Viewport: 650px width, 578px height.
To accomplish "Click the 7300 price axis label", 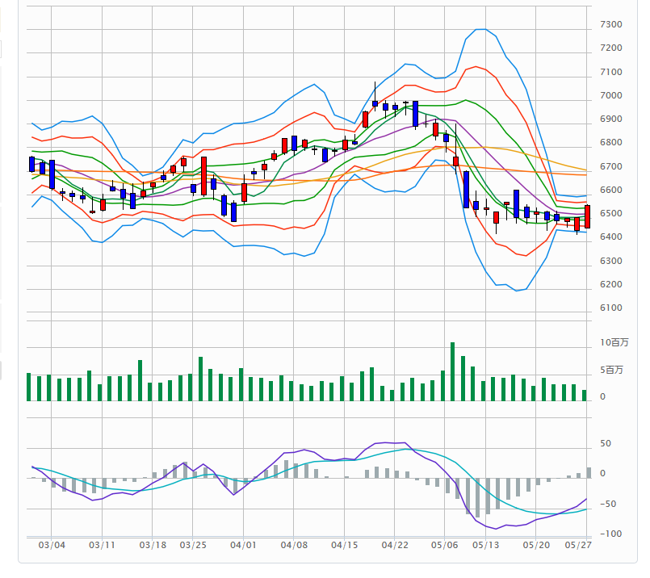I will tap(610, 25).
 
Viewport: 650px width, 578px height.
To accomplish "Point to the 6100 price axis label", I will tap(610, 308).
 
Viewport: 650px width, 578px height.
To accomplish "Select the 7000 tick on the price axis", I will tap(610, 96).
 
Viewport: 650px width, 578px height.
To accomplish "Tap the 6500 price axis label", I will tap(610, 214).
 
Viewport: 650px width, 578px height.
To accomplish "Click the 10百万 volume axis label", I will tap(614, 343).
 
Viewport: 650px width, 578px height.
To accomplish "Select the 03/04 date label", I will tap(52, 545).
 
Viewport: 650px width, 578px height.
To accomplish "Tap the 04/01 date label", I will tap(243, 545).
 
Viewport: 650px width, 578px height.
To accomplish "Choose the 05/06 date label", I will tap(444, 545).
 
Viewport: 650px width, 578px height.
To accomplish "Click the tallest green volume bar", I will tap(453, 371).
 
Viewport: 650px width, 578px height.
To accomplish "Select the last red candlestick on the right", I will tap(587, 216).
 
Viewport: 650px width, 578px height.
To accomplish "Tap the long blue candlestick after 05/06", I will tap(466, 190).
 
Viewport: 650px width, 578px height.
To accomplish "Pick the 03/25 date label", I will tap(193, 545).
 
